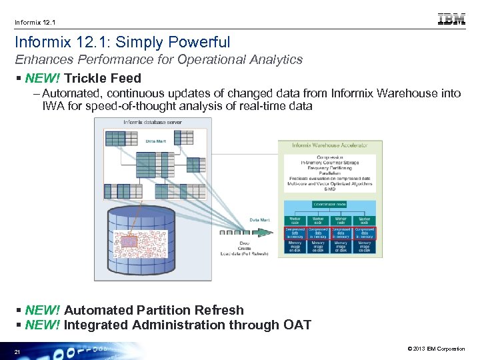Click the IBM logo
451,19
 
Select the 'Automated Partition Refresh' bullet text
154,310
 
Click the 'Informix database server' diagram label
152,123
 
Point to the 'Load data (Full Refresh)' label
245,253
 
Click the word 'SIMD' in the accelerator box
329,189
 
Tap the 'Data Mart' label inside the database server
156,141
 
